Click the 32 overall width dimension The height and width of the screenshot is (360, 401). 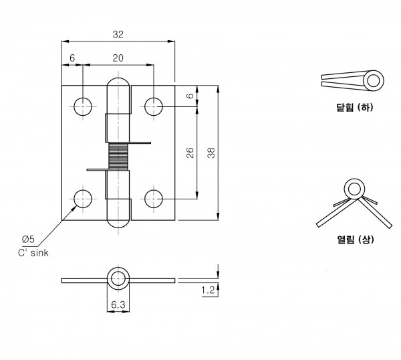[x=118, y=35]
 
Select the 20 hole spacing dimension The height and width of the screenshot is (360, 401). [x=118, y=58]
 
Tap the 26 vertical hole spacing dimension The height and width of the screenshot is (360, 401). [x=190, y=153]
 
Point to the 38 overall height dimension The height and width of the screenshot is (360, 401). [x=211, y=153]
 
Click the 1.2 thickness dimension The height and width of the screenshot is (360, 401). [x=208, y=290]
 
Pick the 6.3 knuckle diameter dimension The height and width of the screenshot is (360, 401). [x=118, y=304]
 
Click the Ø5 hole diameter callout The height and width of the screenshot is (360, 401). [x=28, y=240]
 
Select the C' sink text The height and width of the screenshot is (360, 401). [x=33, y=253]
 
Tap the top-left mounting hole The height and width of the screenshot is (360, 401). [x=83, y=106]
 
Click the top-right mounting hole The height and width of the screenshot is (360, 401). [x=154, y=106]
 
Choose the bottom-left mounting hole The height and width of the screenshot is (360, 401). [x=83, y=199]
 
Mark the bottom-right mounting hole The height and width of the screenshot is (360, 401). [x=154, y=199]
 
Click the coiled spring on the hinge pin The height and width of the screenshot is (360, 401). [x=118, y=156]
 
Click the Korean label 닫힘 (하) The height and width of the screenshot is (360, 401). [x=355, y=107]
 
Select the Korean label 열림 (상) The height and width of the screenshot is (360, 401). [x=356, y=240]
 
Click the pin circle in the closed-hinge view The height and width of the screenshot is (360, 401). [x=374, y=81]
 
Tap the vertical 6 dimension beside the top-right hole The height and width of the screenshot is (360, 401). [x=190, y=96]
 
